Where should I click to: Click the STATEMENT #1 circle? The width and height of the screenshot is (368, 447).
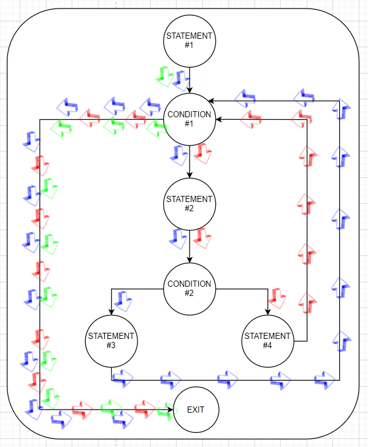tap(189, 40)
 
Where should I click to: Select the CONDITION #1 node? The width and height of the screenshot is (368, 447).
tap(189, 119)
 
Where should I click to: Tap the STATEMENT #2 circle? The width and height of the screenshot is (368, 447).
tap(189, 203)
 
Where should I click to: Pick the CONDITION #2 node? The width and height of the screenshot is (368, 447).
tap(189, 289)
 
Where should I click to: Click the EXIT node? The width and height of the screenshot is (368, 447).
tap(196, 410)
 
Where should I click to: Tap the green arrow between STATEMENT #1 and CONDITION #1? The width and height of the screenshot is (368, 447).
tap(165, 76)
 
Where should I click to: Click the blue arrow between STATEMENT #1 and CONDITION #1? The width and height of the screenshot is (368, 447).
tap(180, 79)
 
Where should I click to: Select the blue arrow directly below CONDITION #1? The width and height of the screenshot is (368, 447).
tap(179, 155)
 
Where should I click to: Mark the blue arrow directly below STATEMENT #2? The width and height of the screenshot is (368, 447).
tap(179, 238)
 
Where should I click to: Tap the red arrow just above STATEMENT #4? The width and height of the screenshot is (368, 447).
tap(278, 298)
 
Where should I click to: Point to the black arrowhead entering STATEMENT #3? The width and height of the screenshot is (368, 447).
tap(111, 311)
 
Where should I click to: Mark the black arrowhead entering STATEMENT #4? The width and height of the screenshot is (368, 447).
tap(267, 311)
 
